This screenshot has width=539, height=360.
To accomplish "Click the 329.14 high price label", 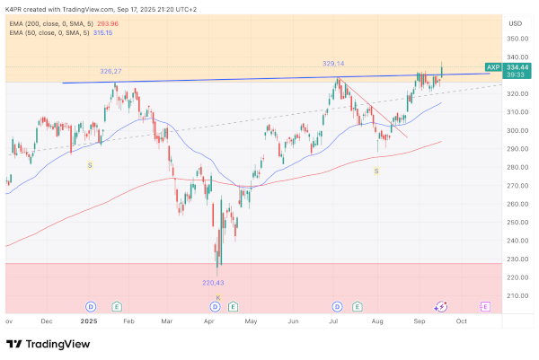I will tap(334, 64).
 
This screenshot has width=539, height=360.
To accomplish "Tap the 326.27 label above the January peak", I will tap(110, 70).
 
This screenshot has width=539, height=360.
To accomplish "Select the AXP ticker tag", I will tap(492, 67).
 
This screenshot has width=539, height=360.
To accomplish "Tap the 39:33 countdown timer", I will tap(517, 76).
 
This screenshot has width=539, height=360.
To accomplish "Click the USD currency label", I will tap(515, 22).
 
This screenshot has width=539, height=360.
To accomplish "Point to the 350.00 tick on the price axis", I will tap(517, 39).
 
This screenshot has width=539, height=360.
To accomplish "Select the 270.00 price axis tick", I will tap(517, 186).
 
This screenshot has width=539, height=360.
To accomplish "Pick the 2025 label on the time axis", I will tap(88, 320).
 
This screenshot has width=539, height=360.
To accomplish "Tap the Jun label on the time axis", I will tap(293, 320).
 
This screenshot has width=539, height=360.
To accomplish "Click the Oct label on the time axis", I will tap(462, 320).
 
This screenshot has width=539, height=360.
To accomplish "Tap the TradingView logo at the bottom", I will tap(42, 344).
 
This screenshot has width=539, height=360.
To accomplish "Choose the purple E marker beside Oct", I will tap(485, 306).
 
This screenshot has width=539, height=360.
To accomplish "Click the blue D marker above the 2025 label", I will tap(91, 306).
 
